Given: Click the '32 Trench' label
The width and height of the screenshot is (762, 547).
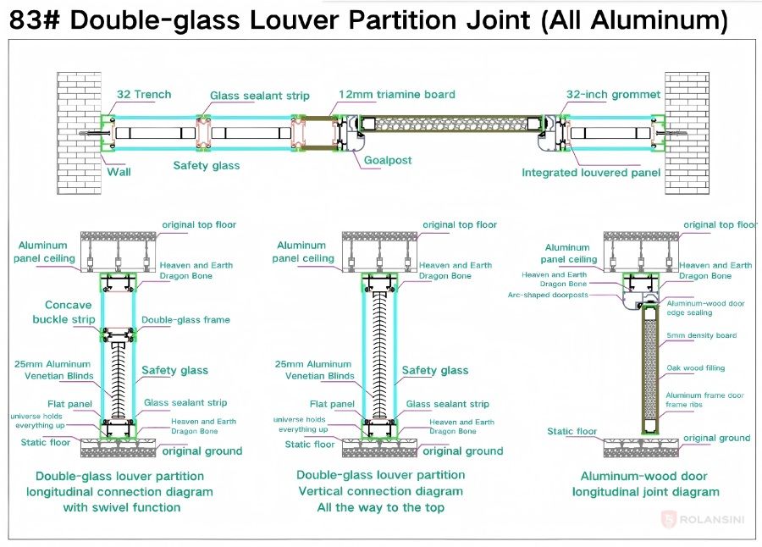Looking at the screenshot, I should pos(144,94).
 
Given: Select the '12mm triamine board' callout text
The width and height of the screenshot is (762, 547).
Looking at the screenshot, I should pos(396,94).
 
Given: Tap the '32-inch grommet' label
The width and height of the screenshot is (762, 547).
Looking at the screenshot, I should pos(613,94).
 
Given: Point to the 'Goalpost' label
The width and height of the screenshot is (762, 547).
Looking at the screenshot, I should pos(388,159).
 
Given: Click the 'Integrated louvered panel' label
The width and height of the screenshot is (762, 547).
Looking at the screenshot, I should pos(591,173).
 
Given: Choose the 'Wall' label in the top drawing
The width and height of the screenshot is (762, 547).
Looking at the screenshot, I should pos(119,171).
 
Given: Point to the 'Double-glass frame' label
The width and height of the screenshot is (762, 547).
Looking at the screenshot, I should pos(185,320).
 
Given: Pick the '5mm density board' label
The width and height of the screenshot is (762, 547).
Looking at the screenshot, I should pos(701,335).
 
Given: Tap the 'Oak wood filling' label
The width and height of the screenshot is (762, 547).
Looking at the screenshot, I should pos(695,367).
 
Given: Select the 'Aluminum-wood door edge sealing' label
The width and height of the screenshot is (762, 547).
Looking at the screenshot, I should pos(705,307).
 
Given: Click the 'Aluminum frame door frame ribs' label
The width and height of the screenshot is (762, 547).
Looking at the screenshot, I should pos(704,400).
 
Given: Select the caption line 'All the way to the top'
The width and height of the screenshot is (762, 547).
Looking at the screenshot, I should pos(380,507).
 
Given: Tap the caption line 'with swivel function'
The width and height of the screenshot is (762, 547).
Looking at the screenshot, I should pos(121,507).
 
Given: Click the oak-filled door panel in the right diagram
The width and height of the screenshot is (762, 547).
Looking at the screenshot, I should pos(650,364).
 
